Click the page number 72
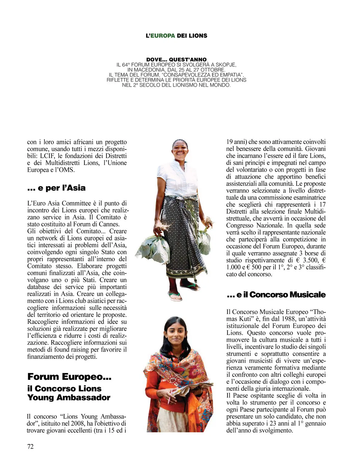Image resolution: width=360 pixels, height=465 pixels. pos(31,446)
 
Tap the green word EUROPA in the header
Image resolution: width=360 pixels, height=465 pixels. pos(163,36)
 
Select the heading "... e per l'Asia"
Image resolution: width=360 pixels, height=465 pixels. pos(56,188)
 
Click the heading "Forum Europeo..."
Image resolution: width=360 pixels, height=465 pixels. pos(69,377)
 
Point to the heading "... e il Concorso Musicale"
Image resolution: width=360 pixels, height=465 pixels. pos(276,295)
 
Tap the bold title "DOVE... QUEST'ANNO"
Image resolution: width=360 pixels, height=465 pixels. pos(176,59)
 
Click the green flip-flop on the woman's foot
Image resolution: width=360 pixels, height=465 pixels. pos(175,296)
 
